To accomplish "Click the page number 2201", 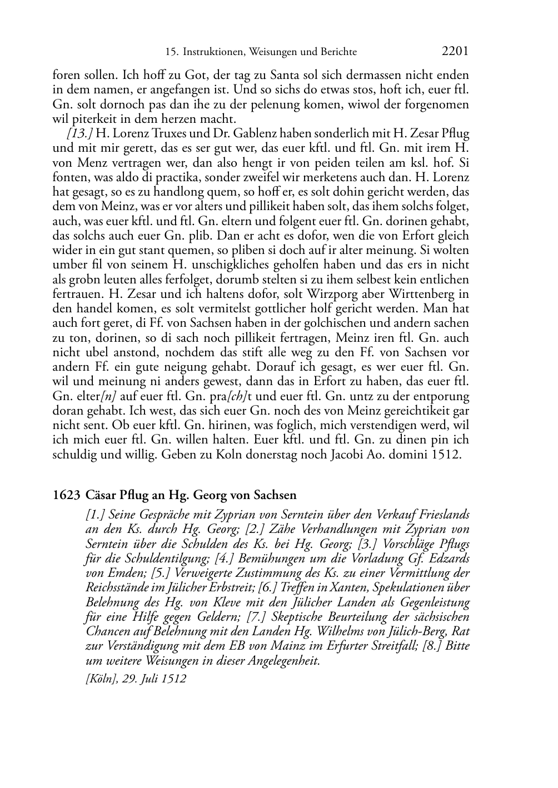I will (x=455, y=51).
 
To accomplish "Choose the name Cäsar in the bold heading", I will (x=101, y=495).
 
